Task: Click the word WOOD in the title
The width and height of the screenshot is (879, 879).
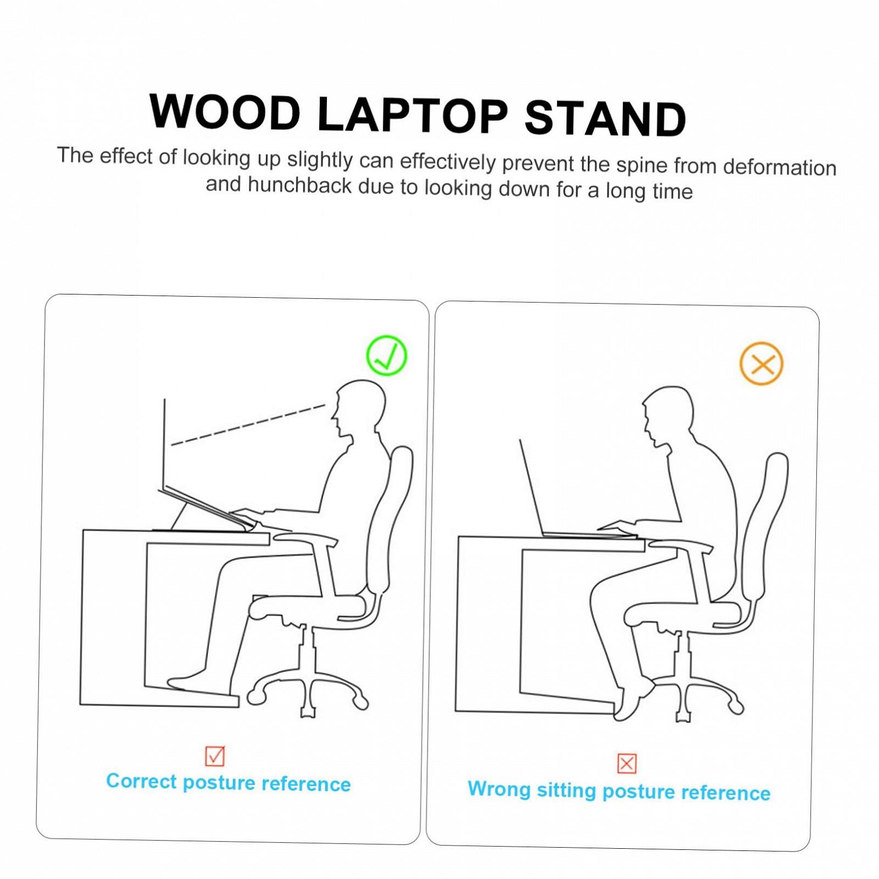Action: [x=225, y=112]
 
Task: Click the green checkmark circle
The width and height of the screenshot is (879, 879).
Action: [x=387, y=355]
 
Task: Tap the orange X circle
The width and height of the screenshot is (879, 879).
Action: [x=761, y=363]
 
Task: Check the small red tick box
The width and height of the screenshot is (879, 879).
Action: [x=215, y=756]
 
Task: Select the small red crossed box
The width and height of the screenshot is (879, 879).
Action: [x=627, y=764]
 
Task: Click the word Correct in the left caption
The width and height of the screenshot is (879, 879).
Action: [x=141, y=781]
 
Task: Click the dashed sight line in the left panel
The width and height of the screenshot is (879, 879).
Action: [x=248, y=425]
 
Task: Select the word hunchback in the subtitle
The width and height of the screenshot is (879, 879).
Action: [x=299, y=185]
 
